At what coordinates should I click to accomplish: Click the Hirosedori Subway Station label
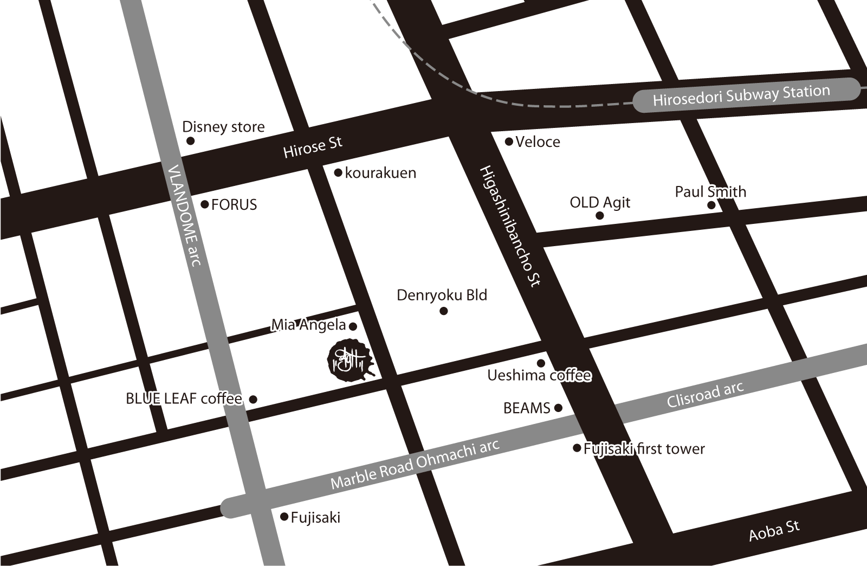coord(741,96)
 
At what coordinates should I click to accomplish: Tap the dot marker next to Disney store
coord(190,141)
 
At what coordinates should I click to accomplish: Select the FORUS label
coord(234,205)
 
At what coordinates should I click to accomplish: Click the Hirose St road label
coord(313,147)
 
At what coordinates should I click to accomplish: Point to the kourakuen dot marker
coord(338,173)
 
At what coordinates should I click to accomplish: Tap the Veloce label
coord(538,142)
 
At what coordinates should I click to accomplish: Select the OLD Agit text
coord(600,203)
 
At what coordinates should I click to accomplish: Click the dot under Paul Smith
coord(711,205)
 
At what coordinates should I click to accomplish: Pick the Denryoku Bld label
coord(442,295)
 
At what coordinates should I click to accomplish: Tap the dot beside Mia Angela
coord(353,326)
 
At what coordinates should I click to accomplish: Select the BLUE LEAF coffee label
coord(184,399)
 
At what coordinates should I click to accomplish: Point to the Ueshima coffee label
coord(539,375)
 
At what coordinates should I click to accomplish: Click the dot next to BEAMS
coord(559,408)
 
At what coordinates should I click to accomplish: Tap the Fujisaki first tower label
coord(644,449)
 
